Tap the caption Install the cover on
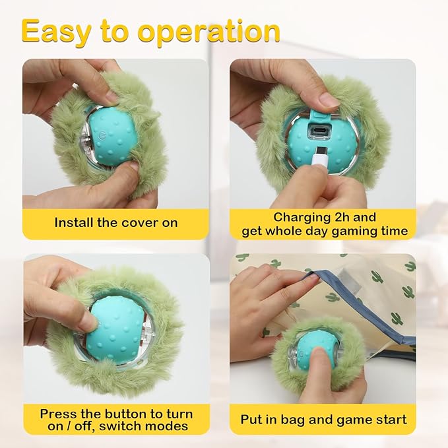116,222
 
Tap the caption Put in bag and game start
323,420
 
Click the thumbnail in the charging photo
328,100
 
